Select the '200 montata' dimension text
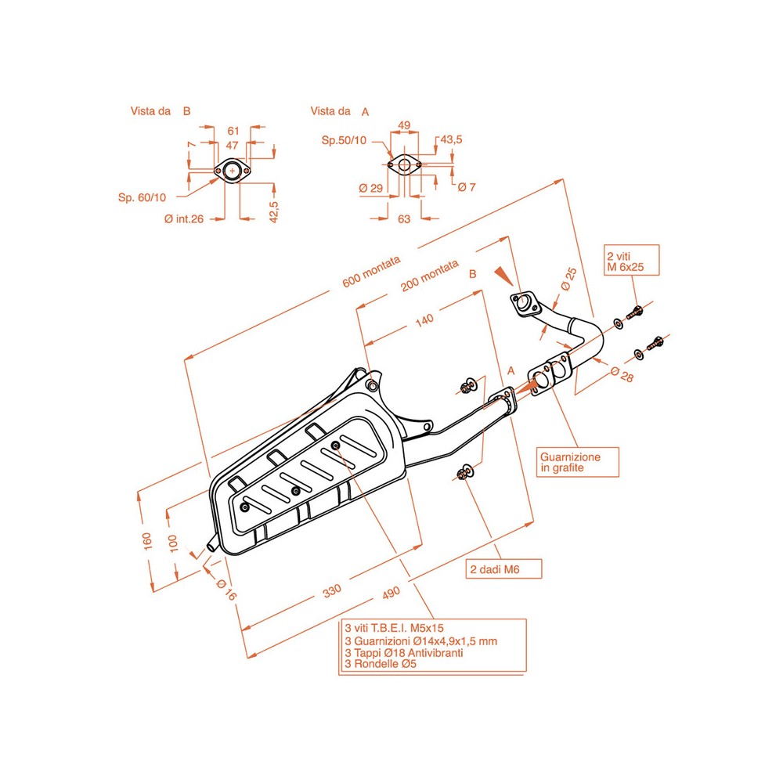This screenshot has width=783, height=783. (x=429, y=275)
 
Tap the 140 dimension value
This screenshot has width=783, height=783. (x=424, y=319)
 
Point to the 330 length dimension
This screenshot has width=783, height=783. (x=332, y=590)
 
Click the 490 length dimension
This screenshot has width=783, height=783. (x=391, y=593)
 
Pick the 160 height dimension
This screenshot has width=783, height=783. (x=147, y=541)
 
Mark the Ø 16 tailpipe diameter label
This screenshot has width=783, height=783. (x=226, y=589)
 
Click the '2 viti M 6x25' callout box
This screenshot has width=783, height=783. (x=632, y=260)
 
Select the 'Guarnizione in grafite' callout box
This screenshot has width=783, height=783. (x=578, y=462)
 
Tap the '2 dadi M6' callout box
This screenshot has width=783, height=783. (x=503, y=568)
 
